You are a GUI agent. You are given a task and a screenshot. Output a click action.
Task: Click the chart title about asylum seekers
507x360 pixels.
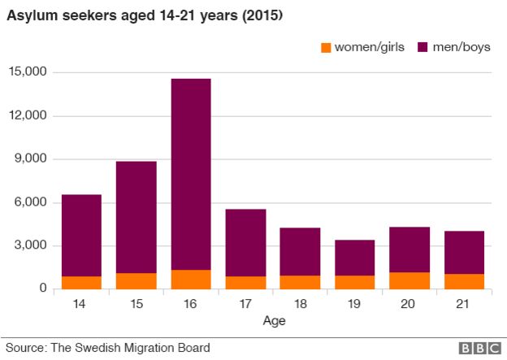coord(145,16)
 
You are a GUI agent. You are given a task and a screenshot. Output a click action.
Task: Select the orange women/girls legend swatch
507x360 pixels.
coord(327,47)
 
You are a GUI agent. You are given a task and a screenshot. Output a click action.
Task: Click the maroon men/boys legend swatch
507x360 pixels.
coord(423,47)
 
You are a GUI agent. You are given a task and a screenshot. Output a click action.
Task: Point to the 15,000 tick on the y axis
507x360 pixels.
coord(28,72)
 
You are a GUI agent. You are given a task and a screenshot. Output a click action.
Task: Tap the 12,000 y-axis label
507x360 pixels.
coord(28,115)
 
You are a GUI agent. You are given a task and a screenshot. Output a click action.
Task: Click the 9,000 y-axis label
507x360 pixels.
coord(31,159)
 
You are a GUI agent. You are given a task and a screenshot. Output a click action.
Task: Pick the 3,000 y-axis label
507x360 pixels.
coord(31,246)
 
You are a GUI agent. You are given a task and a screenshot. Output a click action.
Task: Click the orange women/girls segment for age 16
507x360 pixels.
coord(191,280)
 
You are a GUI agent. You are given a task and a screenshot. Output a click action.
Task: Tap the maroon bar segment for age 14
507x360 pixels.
coord(82,236)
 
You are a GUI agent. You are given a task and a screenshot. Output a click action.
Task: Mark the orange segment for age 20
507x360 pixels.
coord(409,280)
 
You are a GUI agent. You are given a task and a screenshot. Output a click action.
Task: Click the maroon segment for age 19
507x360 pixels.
coord(355,258)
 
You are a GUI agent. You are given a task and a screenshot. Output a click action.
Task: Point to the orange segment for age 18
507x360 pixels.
coord(300,282)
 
